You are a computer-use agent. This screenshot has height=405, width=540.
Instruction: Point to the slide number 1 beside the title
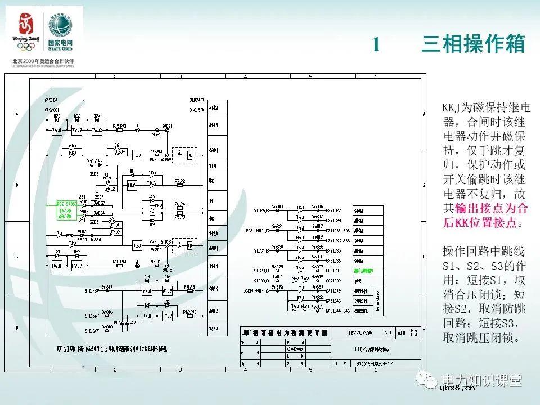(x=377, y=45)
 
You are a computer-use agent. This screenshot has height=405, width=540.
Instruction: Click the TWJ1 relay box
(x=57, y=130)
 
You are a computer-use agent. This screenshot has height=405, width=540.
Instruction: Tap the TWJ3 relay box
(x=97, y=130)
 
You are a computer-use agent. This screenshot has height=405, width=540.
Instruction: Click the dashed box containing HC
(x=186, y=154)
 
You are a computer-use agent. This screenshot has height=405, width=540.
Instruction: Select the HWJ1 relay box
(x=57, y=264)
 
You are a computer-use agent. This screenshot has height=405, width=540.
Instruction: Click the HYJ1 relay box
(x=147, y=290)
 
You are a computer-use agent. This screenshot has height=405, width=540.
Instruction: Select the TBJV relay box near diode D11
(x=132, y=184)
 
